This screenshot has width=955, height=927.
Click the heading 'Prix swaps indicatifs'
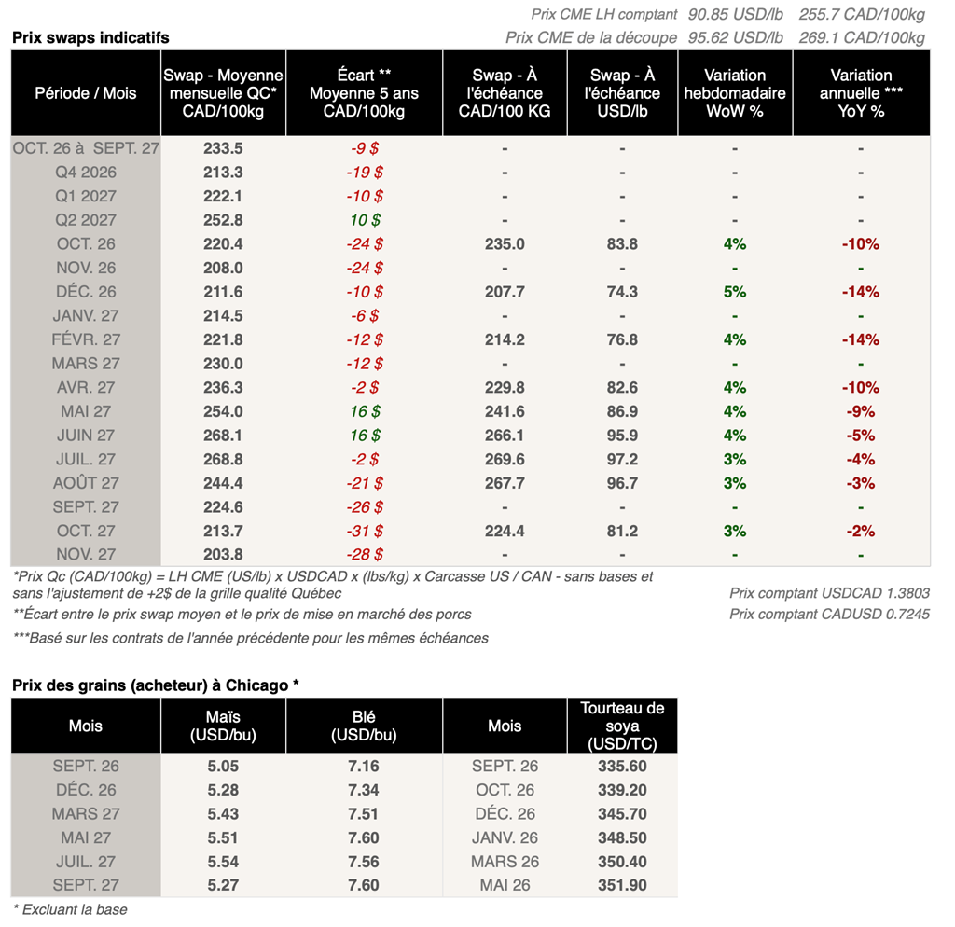90,37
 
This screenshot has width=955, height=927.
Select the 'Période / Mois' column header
86,93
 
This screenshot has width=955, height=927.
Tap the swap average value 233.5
223,148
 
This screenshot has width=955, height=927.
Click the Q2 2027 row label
86,220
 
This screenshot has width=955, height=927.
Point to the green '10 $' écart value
365,220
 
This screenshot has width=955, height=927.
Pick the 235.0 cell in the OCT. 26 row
505,244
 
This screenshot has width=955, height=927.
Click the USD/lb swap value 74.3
622,292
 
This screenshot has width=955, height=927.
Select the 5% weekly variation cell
735,292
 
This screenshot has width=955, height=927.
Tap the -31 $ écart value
365,531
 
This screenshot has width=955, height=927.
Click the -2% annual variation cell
861,531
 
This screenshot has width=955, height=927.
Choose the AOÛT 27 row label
86,483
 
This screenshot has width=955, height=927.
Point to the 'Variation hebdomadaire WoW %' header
735,93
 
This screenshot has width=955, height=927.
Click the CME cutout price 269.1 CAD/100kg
862,37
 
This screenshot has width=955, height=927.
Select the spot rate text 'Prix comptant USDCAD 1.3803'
829,593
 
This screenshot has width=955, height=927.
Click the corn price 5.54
223,862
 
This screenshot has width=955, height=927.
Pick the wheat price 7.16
364,767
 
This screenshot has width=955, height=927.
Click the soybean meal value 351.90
622,885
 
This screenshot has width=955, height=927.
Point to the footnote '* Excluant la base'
70,910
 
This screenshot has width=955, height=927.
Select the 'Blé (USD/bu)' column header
364,726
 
